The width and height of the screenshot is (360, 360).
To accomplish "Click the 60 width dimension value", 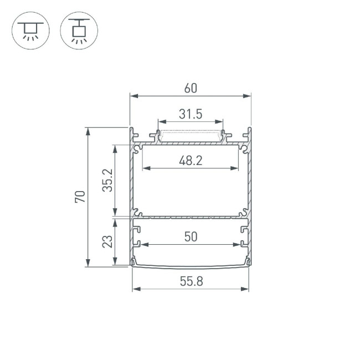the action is [191, 88].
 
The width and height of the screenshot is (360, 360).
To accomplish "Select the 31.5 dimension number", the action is [191, 114].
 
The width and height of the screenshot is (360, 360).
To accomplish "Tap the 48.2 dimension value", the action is [191, 161].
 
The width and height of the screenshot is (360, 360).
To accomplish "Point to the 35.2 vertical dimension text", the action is [107, 181].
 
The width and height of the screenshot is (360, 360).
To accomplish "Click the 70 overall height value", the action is [80, 197].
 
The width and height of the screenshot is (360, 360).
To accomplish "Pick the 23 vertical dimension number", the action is [107, 241].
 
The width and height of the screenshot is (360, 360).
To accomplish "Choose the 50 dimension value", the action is [191, 236].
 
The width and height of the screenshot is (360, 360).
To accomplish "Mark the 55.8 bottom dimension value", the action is [191, 281].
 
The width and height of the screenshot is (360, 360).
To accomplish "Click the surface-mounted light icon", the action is [30, 30].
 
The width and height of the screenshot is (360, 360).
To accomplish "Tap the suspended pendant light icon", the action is [79, 30].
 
